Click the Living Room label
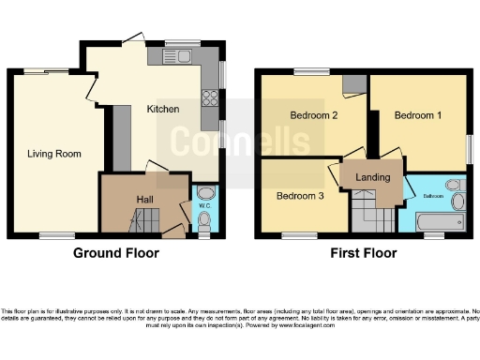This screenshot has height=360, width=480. pyautogui.click(x=53, y=154)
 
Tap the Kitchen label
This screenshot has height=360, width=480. pyautogui.click(x=162, y=109)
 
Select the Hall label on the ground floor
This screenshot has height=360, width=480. pyautogui.click(x=145, y=199)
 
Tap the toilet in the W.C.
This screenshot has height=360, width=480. pyautogui.click(x=205, y=220)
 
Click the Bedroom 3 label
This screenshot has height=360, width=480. pyautogui.click(x=299, y=196)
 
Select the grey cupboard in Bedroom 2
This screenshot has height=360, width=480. pyautogui.click(x=354, y=84)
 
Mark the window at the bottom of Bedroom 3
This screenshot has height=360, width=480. pyautogui.click(x=300, y=234)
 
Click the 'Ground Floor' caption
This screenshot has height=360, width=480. pyautogui.click(x=116, y=253)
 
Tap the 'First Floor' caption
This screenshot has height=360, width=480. pyautogui.click(x=361, y=253)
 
